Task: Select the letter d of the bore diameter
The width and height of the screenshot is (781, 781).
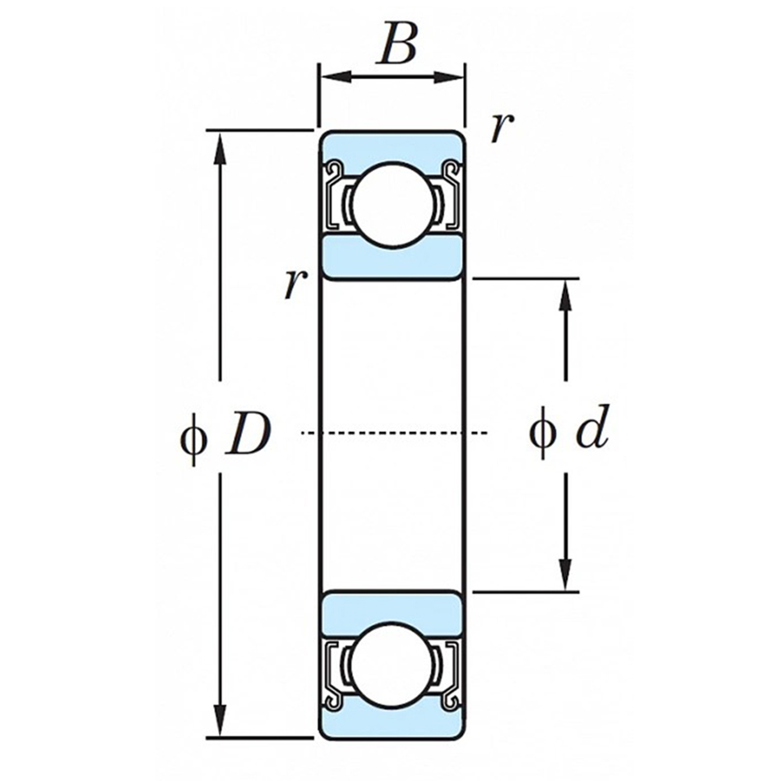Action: [x=592, y=432]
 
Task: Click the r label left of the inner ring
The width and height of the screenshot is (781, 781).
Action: [x=293, y=285]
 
